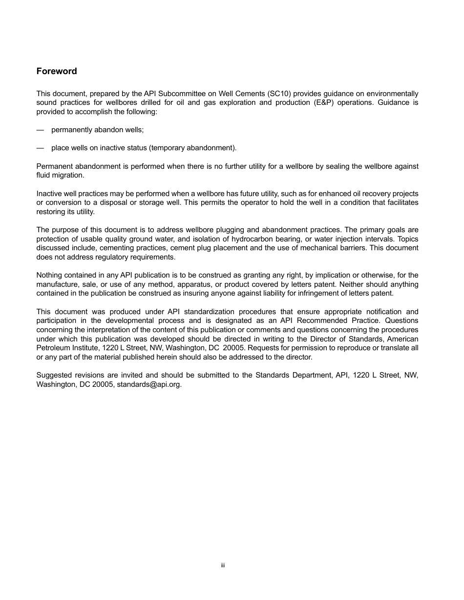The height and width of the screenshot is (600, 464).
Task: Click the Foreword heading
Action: [x=57, y=71]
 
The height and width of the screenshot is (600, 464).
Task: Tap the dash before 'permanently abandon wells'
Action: [x=40, y=130]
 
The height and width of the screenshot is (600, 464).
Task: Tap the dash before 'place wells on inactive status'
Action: [x=40, y=148]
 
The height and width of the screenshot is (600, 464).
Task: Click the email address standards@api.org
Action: [x=149, y=384]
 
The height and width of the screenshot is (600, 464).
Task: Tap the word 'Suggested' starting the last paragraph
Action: [x=53, y=375]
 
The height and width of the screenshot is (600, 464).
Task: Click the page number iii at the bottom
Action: [x=223, y=565]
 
